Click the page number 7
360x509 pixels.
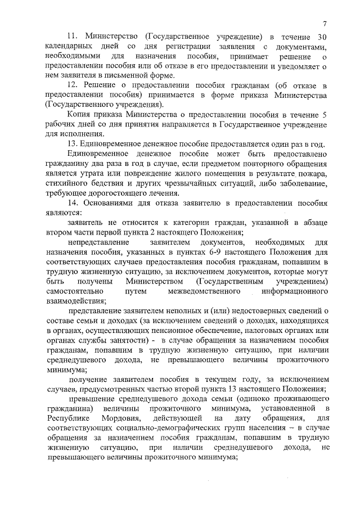click(x=325, y=22)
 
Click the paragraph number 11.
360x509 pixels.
click(x=72, y=37)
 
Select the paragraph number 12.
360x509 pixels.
click(x=72, y=84)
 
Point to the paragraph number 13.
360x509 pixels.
click(x=72, y=143)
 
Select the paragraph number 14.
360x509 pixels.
click(x=72, y=203)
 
